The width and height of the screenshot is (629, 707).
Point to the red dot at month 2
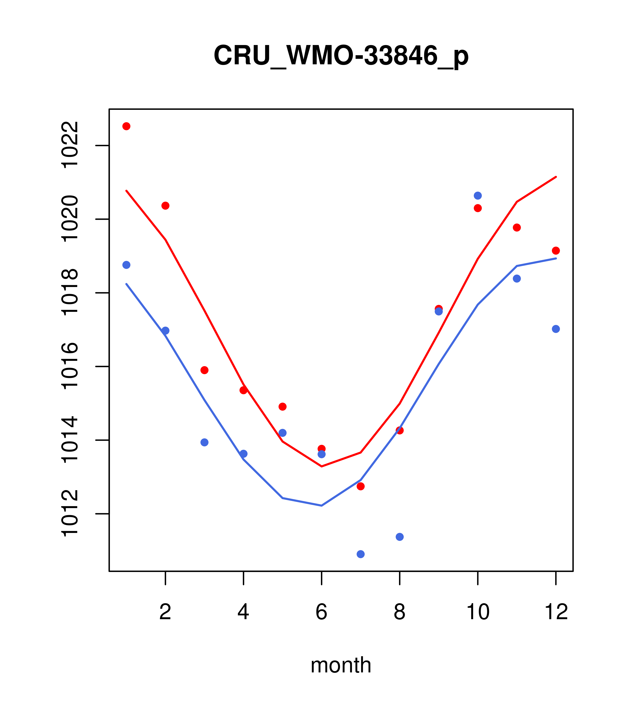pyautogui.click(x=166, y=206)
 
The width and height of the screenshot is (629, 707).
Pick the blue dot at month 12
pyautogui.click(x=556, y=329)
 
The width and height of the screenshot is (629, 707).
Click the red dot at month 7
pyautogui.click(x=360, y=486)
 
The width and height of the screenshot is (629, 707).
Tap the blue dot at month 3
pyautogui.click(x=205, y=442)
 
